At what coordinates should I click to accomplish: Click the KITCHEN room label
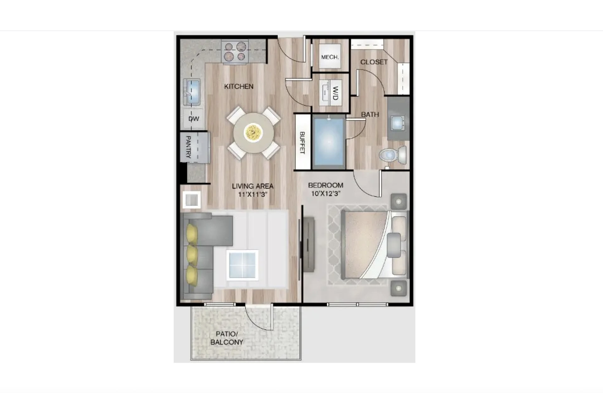(239, 86)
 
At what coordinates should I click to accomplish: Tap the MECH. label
(330, 57)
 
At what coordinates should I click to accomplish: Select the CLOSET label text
(374, 62)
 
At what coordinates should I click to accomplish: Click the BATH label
(370, 115)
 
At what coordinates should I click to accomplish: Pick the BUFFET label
(302, 143)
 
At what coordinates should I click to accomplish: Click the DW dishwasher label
(194, 119)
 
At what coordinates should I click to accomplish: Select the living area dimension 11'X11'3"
(253, 194)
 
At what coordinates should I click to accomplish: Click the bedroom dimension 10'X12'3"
(326, 194)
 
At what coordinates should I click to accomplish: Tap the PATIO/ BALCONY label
(227, 338)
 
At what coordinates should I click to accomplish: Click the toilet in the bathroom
(393, 155)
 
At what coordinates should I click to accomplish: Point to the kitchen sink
(192, 92)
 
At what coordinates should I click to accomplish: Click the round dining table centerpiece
(253, 133)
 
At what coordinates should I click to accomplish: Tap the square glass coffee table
(242, 265)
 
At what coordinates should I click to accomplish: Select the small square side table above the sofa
(192, 200)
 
